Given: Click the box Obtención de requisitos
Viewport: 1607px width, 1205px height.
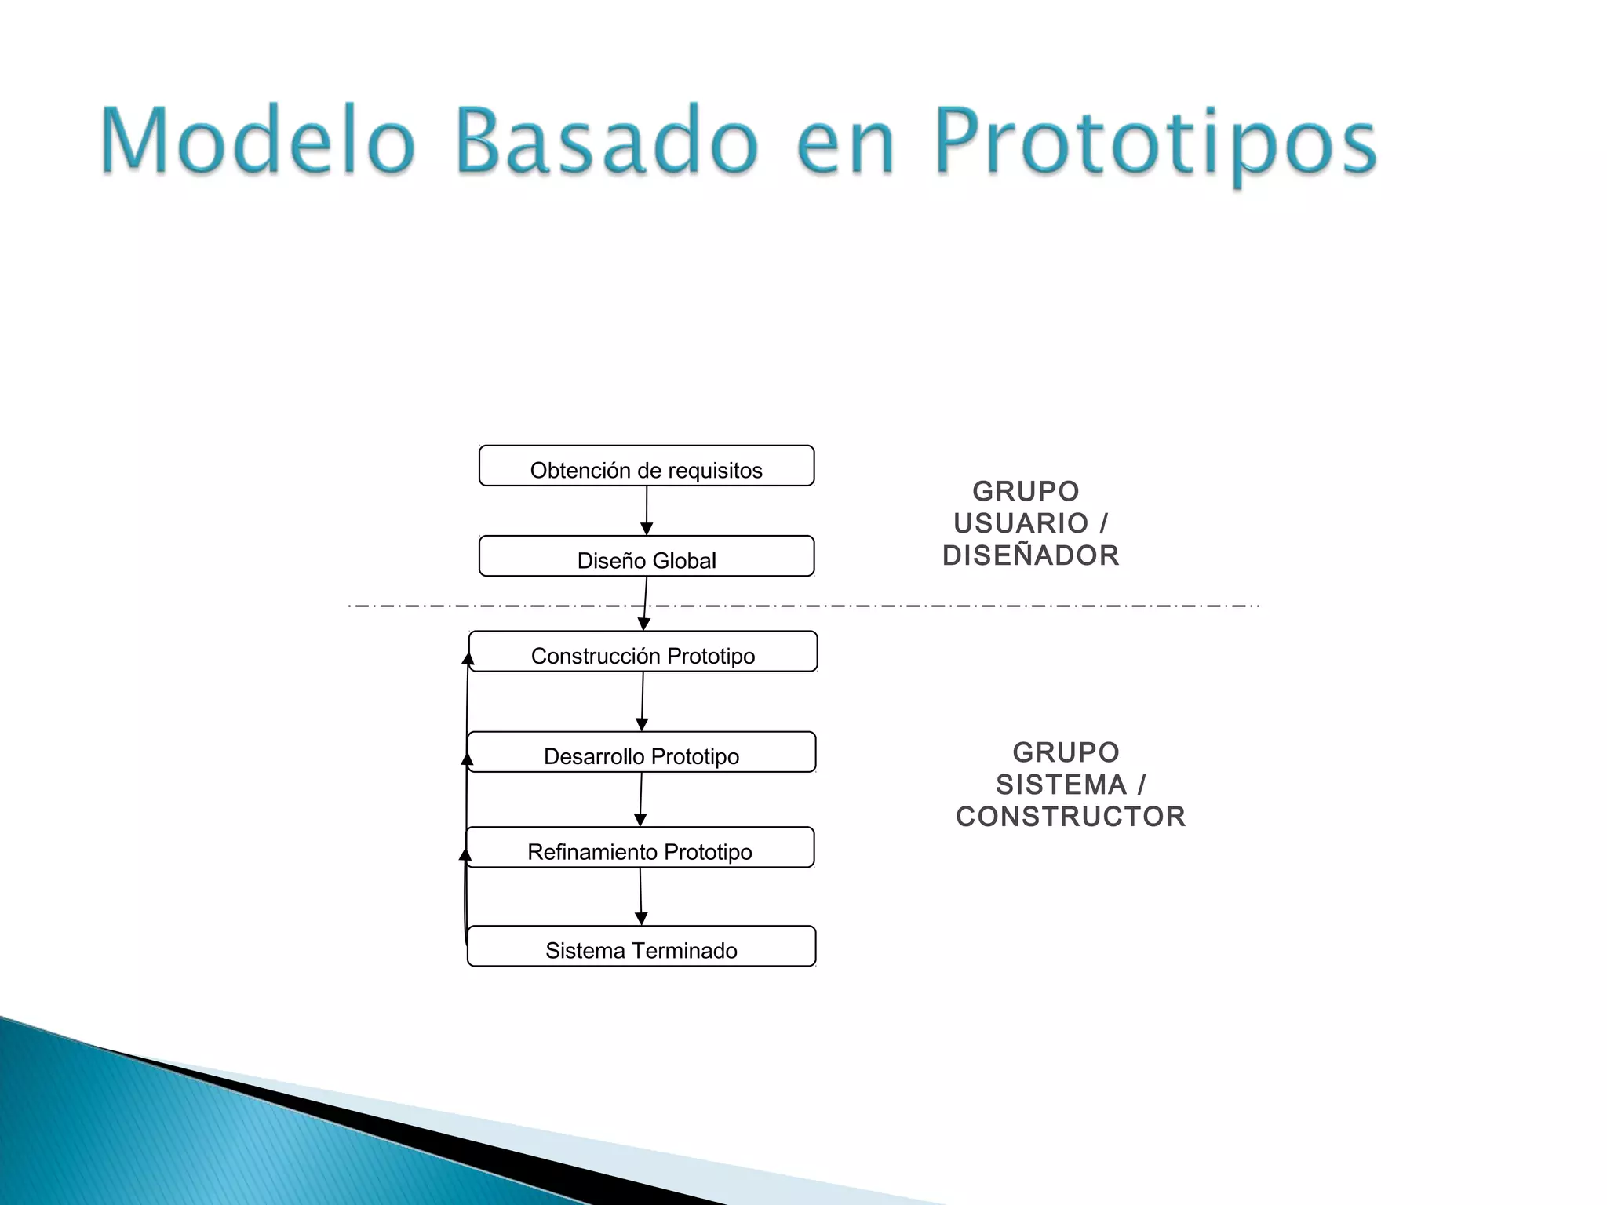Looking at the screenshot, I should point(647,466).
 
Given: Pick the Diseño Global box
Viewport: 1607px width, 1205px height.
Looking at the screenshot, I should point(647,556).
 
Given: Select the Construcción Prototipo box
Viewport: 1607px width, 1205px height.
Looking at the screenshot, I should point(643,651).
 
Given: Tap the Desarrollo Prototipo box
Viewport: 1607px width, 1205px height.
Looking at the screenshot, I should point(641,752).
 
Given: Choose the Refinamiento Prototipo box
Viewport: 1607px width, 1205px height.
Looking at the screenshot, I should point(640,847).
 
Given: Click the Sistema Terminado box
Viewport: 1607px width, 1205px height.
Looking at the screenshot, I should point(641,946).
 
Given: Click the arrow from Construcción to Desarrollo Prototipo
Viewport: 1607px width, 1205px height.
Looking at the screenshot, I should point(642,701).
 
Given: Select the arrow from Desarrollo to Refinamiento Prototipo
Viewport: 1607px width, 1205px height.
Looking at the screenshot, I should point(640,799).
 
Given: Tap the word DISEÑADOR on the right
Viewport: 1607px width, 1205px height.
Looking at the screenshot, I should point(1030,555).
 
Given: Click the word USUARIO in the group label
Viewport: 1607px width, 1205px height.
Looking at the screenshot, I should point(1020,523).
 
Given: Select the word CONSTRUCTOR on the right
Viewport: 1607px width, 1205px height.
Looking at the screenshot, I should point(1070,817).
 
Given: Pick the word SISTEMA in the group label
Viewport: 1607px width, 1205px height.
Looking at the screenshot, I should point(1061,785).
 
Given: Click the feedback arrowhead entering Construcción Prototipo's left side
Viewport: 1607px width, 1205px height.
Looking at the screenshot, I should point(468,658).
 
